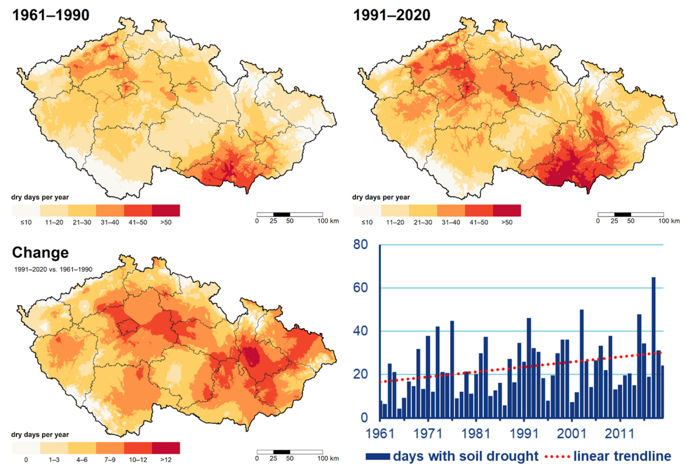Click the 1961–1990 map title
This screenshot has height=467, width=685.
51,15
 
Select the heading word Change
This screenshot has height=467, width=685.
40,252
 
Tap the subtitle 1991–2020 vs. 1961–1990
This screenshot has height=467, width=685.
53,269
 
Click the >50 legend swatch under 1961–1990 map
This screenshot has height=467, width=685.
166,211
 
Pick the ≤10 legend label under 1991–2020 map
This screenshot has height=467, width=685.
367,222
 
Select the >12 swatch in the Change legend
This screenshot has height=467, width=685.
166,448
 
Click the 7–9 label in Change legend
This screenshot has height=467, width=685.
110,460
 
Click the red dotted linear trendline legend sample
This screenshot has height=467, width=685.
557,457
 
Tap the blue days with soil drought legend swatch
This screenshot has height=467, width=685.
378,457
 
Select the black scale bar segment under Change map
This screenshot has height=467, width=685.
281,452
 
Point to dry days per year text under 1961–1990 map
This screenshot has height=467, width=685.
40,197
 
